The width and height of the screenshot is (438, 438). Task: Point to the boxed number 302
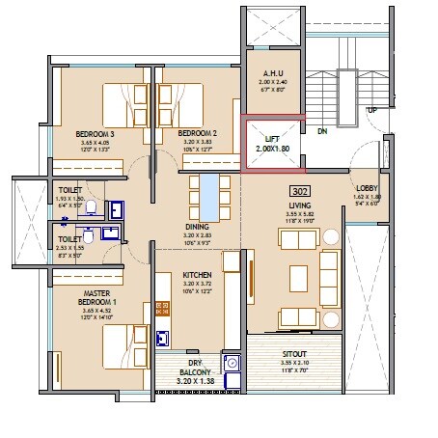point(298,190)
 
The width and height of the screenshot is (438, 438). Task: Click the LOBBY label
point(367,188)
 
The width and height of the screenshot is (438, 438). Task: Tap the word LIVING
point(298,205)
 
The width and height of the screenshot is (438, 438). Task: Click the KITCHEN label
point(197,275)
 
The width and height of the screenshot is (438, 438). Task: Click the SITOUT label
point(294,354)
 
